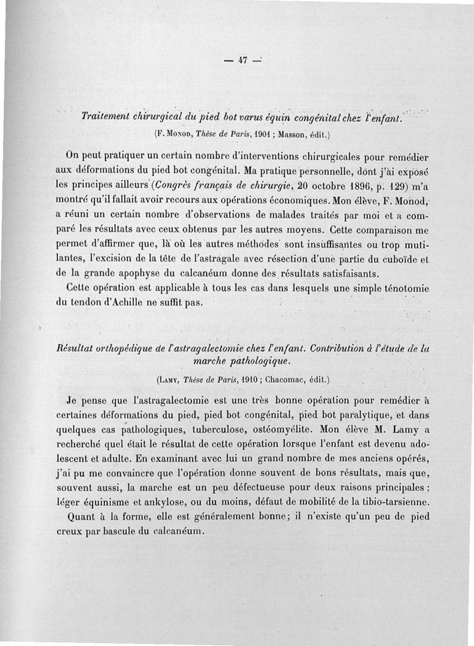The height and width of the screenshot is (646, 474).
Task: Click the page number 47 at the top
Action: click(x=242, y=59)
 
